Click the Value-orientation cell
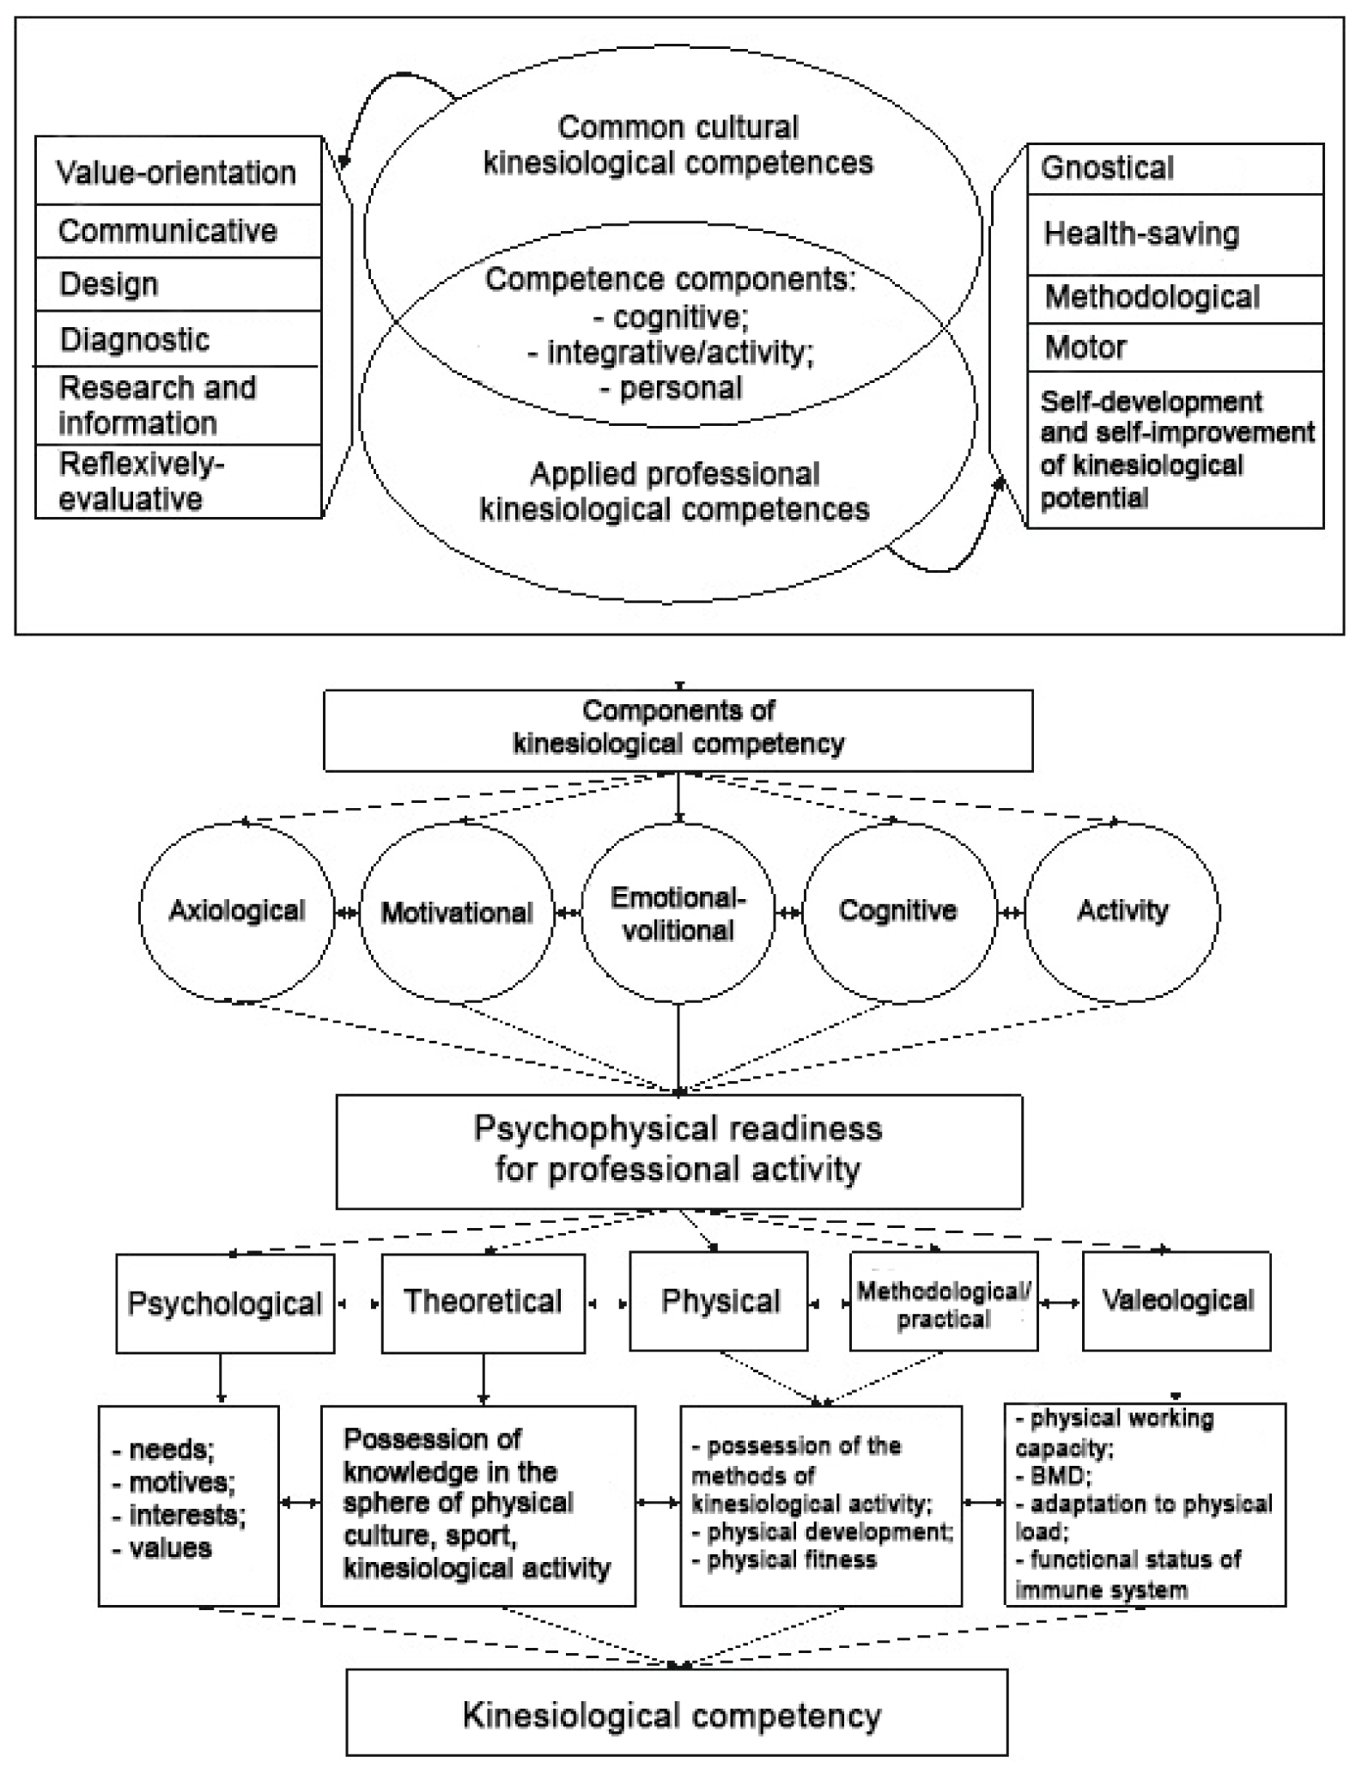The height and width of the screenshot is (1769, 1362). (177, 172)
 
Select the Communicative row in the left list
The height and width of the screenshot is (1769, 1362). (177, 231)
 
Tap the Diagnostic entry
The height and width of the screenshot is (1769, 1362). (177, 339)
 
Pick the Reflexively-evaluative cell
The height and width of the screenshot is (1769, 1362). (177, 482)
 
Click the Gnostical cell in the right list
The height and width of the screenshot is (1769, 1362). (1174, 168)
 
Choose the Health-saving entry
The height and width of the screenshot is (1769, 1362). (1174, 234)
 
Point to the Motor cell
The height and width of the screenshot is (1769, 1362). (1174, 348)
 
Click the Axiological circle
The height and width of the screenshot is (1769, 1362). (236, 911)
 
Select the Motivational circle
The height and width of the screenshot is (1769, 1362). (457, 912)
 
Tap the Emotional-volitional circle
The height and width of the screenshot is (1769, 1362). (678, 914)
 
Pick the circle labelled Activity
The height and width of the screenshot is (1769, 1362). (1122, 911)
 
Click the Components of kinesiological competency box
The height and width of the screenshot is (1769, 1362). (678, 729)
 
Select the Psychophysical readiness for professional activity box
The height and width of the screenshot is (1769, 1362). (678, 1151)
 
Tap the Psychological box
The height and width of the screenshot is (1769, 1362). (225, 1304)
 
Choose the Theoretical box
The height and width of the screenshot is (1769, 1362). (483, 1303)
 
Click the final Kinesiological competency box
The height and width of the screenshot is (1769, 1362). (676, 1716)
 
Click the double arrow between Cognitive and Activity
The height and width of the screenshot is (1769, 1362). (1011, 913)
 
